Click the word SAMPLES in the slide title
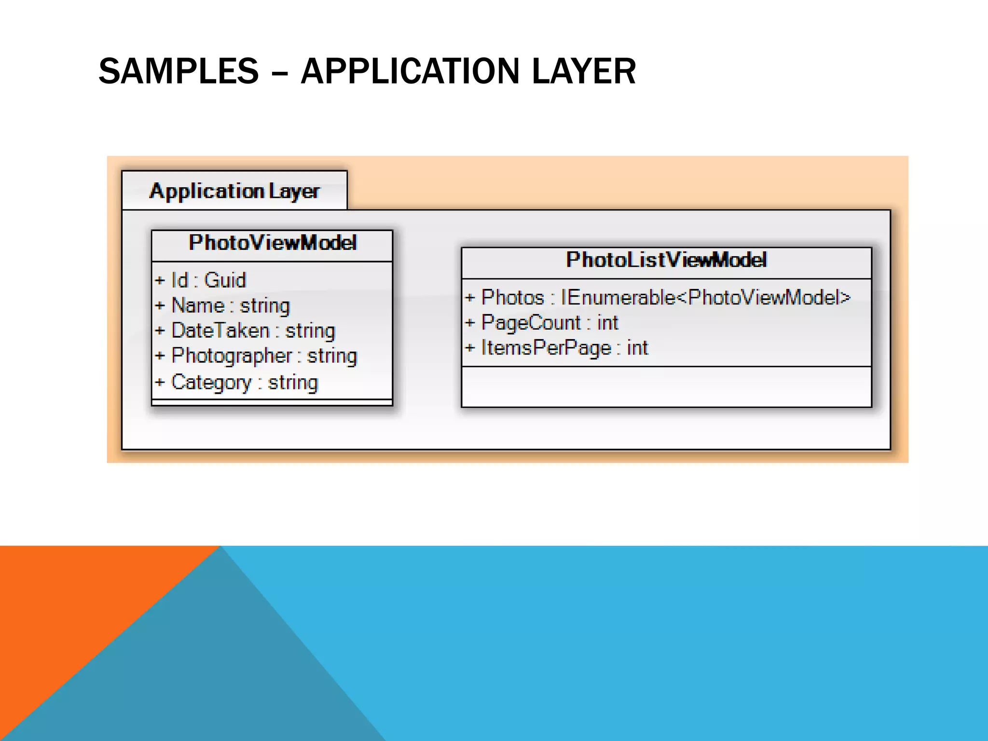click(x=178, y=71)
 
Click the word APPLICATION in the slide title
click(x=409, y=71)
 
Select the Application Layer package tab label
click(x=234, y=191)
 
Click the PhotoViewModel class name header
click(x=273, y=243)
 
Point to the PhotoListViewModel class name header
click(x=666, y=260)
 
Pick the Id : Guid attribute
click(x=208, y=280)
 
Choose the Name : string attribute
click(x=231, y=306)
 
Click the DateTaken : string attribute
click(x=253, y=331)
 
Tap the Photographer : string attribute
click(x=264, y=356)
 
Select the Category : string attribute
click(x=245, y=383)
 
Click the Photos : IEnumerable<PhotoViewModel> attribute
click(x=666, y=297)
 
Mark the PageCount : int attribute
click(x=549, y=323)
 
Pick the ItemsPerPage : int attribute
click(x=564, y=348)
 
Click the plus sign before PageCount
click(x=470, y=323)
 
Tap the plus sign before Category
click(x=160, y=383)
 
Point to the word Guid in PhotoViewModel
click(x=225, y=280)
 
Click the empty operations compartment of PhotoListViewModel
click(x=666, y=387)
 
